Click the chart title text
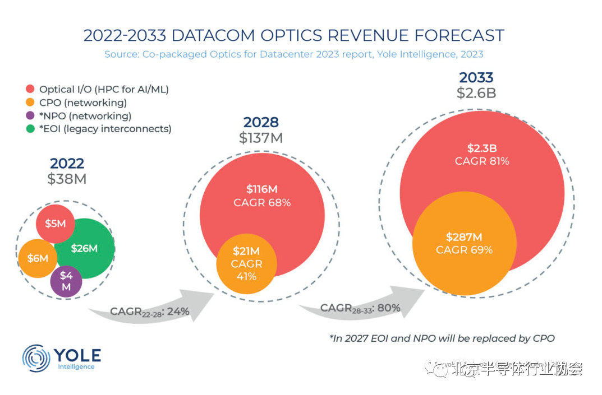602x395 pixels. (293, 35)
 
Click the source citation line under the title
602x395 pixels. (293, 54)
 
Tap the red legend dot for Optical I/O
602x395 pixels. (30, 89)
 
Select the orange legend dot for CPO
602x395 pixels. (30, 103)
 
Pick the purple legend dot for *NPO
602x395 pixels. (30, 116)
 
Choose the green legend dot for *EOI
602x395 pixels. (30, 129)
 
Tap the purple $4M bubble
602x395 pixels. (66, 281)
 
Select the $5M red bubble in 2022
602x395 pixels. (55, 224)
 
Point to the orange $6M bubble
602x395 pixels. (38, 258)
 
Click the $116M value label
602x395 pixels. (262, 189)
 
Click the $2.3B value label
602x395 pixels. (482, 148)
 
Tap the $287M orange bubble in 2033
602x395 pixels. (464, 243)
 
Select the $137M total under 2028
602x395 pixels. (261, 138)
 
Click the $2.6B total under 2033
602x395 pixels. (476, 93)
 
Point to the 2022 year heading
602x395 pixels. (67, 164)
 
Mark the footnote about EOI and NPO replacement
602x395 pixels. (442, 338)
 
